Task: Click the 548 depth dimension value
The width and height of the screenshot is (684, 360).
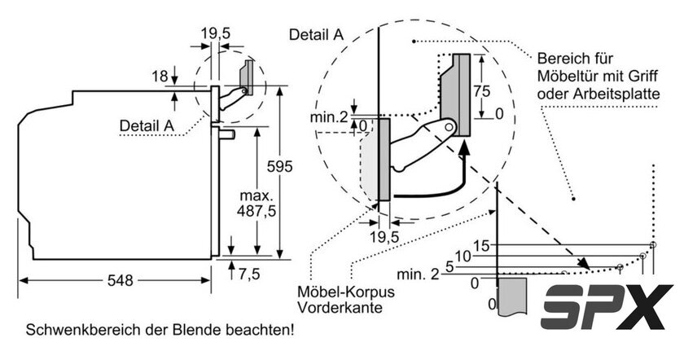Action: [x=120, y=280]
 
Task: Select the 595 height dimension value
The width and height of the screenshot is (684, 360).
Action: [x=279, y=166]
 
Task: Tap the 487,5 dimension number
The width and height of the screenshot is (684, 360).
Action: [x=256, y=211]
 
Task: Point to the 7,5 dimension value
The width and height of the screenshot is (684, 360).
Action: [x=249, y=274]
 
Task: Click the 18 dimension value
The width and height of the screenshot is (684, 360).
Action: [x=160, y=77]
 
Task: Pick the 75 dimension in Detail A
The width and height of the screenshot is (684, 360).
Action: [x=482, y=91]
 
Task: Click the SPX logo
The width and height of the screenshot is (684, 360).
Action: [x=607, y=307]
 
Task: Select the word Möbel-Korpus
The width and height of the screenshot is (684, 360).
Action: [x=345, y=292]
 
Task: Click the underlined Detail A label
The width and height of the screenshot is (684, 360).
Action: [x=147, y=125]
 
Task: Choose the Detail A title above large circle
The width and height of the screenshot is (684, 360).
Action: [x=316, y=34]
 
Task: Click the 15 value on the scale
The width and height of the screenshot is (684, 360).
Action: [x=481, y=246]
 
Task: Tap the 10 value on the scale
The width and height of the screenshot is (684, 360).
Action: [x=463, y=256]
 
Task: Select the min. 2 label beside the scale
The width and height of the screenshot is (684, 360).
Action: [x=418, y=274]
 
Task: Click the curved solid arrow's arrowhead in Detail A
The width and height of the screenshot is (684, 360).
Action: [x=465, y=148]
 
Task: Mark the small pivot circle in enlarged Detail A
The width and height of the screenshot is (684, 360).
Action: [x=449, y=127]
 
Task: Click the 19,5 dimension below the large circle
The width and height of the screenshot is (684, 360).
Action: [x=384, y=237]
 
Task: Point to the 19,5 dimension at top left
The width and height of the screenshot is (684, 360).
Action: [x=216, y=33]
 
